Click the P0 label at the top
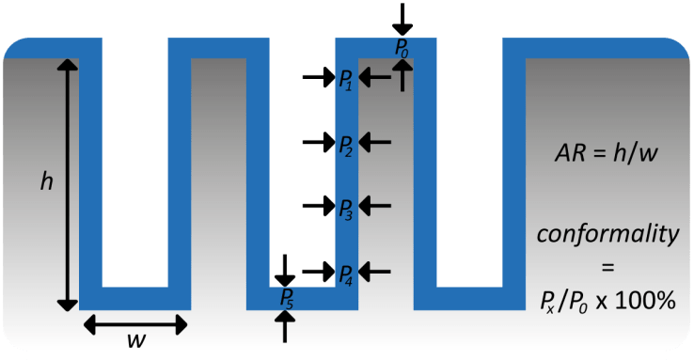coord(402,48)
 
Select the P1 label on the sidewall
coord(345,79)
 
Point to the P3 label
coord(345,208)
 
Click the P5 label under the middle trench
coord(287,298)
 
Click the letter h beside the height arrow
coord(46,182)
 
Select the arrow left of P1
coord(317,78)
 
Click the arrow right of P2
coord(375,142)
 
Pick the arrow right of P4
coord(375,272)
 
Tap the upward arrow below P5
coord(287,325)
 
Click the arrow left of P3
coord(317,206)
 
